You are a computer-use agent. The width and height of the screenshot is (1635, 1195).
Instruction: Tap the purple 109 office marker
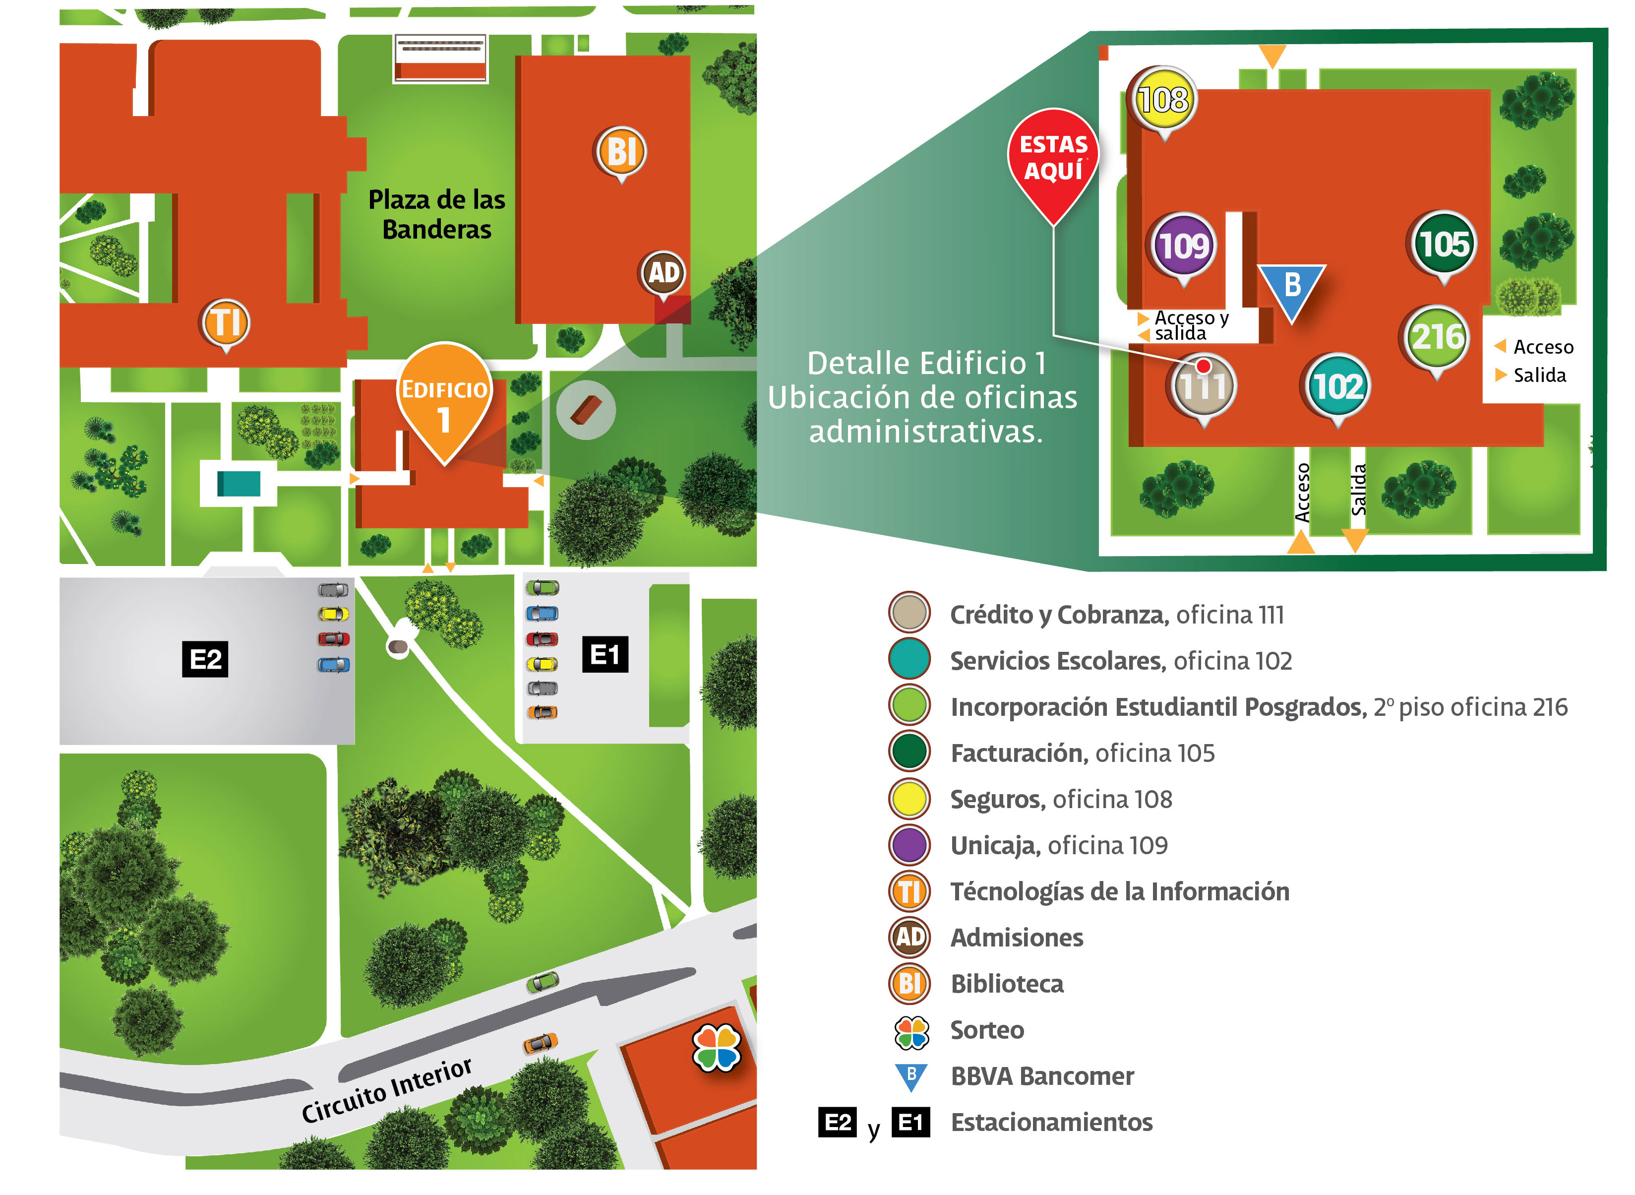pyautogui.click(x=1183, y=246)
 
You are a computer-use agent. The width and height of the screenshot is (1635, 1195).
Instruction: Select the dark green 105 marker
pyautogui.click(x=1443, y=244)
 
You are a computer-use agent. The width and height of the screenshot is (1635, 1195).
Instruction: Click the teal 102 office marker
pyautogui.click(x=1338, y=386)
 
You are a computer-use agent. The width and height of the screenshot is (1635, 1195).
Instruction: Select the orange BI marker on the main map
pyautogui.click(x=620, y=152)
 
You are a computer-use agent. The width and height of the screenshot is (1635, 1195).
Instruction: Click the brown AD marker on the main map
pyautogui.click(x=663, y=273)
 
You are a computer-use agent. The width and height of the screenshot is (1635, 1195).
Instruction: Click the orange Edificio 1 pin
pyautogui.click(x=444, y=401)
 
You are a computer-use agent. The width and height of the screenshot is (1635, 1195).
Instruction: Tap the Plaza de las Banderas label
pyautogui.click(x=437, y=214)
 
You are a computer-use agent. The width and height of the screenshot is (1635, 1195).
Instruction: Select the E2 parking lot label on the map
pyautogui.click(x=205, y=659)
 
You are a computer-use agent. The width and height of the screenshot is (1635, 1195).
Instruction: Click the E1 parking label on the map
pyautogui.click(x=605, y=655)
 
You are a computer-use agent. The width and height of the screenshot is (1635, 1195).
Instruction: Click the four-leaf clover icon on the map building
pyautogui.click(x=716, y=1047)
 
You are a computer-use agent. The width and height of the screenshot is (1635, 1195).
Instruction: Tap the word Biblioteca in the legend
pyautogui.click(x=1007, y=984)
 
